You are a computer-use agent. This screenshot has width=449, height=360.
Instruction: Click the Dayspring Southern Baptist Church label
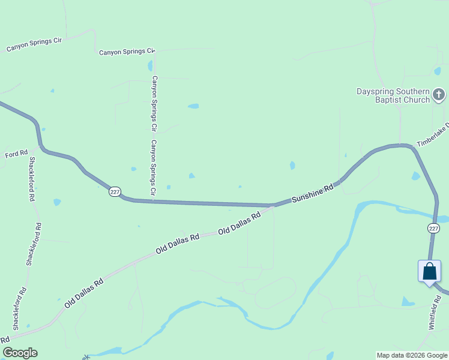point(393,95)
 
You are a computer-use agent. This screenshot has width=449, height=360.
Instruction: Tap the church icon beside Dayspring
point(439,94)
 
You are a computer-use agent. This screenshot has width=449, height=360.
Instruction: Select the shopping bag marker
point(429,271)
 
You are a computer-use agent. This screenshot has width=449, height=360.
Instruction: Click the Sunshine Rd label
point(312,195)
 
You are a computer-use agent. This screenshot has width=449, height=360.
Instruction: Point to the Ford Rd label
point(17,154)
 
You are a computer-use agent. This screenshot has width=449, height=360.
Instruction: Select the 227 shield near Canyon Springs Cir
point(115,192)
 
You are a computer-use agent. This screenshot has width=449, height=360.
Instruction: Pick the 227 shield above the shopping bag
point(433,228)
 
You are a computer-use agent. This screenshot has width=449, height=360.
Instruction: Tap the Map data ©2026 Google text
point(412,355)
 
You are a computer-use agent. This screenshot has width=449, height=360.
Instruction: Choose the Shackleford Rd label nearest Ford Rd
point(32,179)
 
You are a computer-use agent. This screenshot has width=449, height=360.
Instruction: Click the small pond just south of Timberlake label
point(415,176)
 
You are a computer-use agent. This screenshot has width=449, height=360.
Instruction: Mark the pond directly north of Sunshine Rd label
point(292,166)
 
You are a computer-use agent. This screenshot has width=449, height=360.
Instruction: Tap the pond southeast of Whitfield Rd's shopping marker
point(408,302)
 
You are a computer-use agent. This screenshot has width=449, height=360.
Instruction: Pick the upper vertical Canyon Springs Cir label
point(154,103)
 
